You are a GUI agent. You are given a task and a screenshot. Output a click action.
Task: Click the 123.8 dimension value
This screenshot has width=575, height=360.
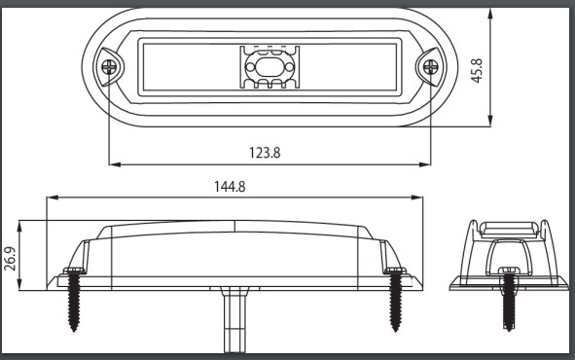(x=265, y=153)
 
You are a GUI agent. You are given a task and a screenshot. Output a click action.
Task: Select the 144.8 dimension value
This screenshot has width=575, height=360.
(x=230, y=187)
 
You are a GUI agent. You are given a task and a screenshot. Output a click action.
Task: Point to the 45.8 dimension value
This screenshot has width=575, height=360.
(x=477, y=70)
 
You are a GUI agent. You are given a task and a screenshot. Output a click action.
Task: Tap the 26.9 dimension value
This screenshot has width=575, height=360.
(x=10, y=259)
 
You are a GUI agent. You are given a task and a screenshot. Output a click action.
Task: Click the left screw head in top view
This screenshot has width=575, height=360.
(x=109, y=67)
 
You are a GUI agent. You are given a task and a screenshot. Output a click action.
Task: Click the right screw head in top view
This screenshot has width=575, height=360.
(x=430, y=67)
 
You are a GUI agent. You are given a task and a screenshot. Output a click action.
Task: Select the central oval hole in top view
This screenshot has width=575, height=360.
(x=270, y=67)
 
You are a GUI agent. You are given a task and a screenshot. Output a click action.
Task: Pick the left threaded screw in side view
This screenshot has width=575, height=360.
(x=74, y=299)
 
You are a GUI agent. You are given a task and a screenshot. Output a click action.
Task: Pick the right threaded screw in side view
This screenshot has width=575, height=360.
(x=395, y=299)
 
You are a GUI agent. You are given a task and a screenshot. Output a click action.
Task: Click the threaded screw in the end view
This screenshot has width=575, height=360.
(x=509, y=299)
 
